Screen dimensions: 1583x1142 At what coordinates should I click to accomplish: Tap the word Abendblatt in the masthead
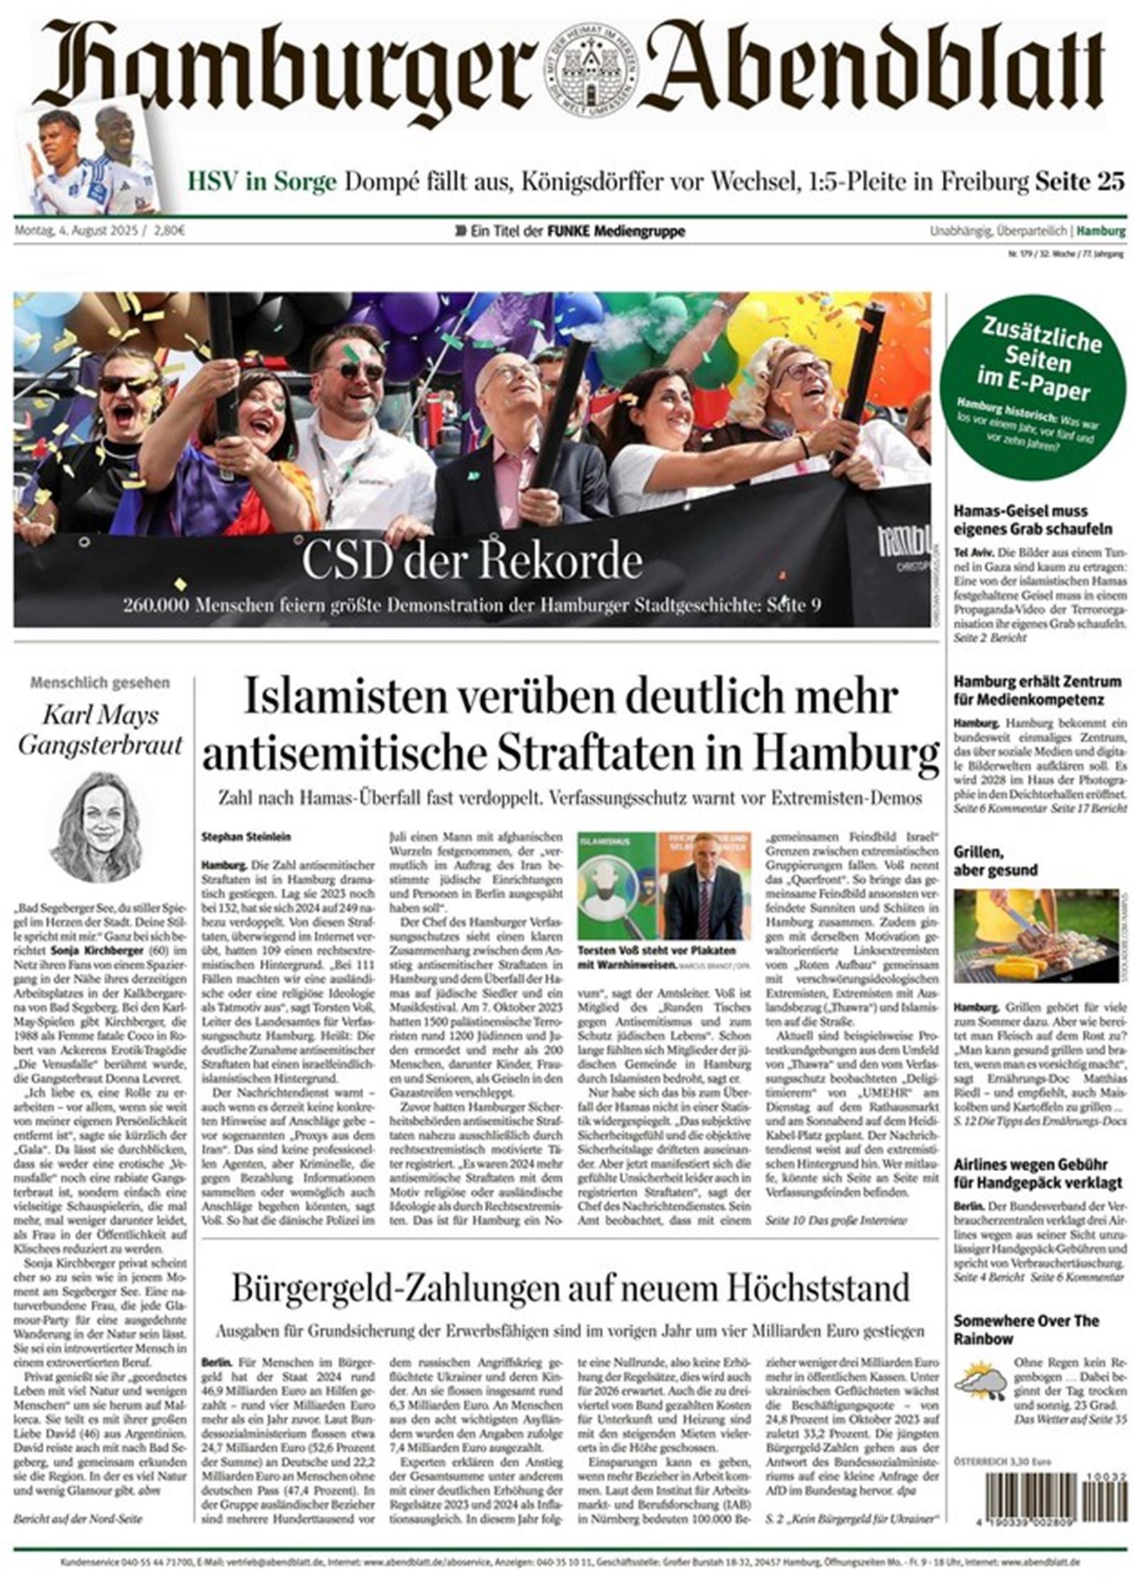[875, 67]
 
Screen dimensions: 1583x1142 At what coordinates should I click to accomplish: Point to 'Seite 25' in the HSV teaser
[1080, 182]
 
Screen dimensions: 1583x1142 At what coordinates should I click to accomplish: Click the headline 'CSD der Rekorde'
[472, 562]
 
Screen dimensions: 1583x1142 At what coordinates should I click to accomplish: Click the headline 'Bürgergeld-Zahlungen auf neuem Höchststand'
[570, 1288]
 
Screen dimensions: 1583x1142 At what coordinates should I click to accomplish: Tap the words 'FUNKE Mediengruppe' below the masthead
[616, 231]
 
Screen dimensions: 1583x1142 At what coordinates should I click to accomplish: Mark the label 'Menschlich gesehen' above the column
[100, 683]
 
